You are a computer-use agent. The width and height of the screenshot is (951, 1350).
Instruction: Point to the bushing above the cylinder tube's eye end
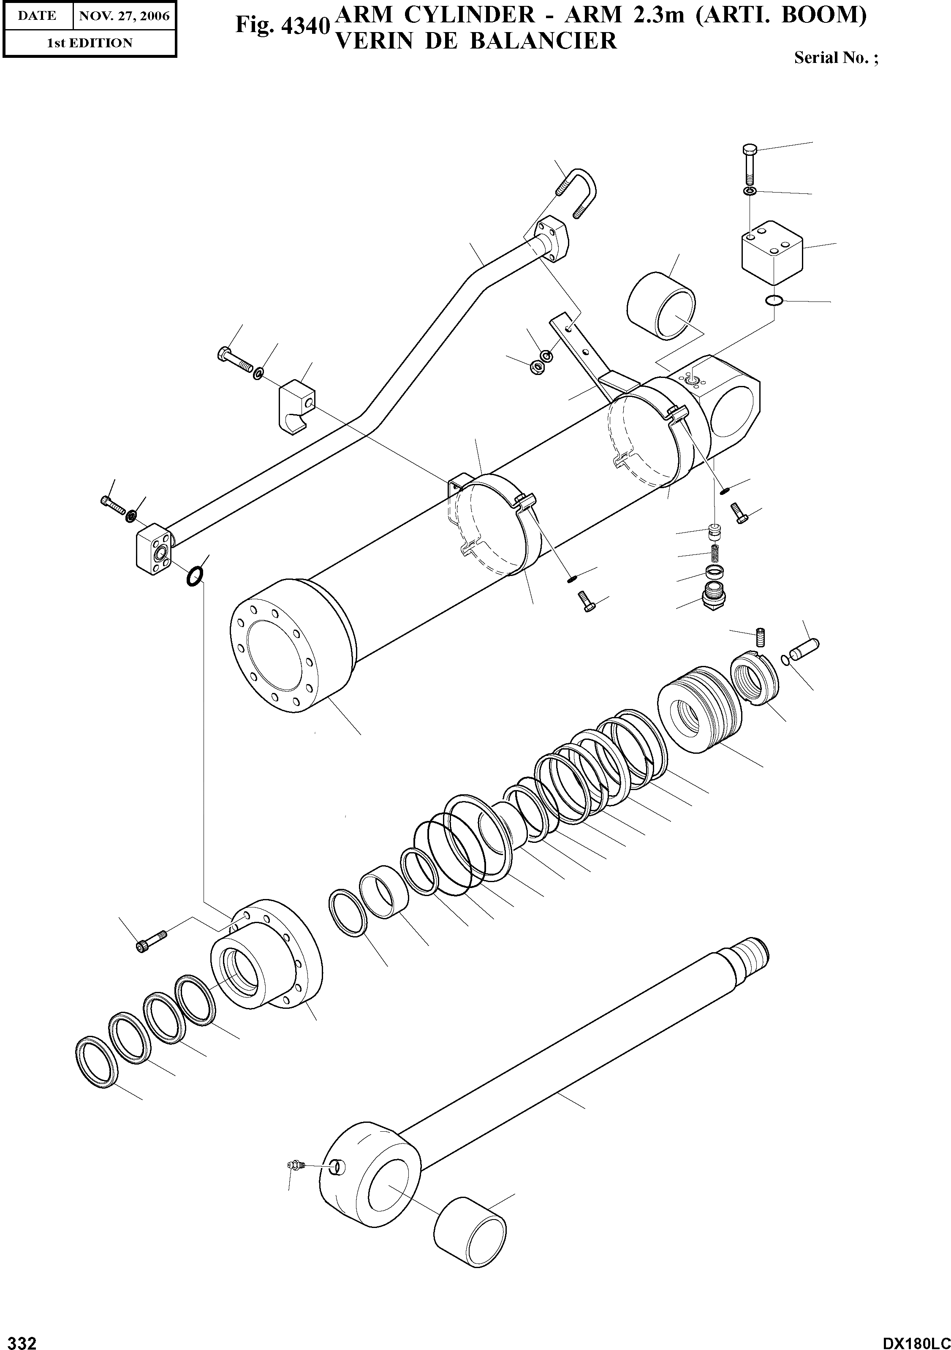(662, 305)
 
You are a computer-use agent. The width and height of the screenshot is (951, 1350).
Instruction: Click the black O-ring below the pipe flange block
(195, 576)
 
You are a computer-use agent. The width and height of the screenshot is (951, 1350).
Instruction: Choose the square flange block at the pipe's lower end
(153, 549)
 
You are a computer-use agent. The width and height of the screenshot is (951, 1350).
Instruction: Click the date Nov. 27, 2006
(124, 16)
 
